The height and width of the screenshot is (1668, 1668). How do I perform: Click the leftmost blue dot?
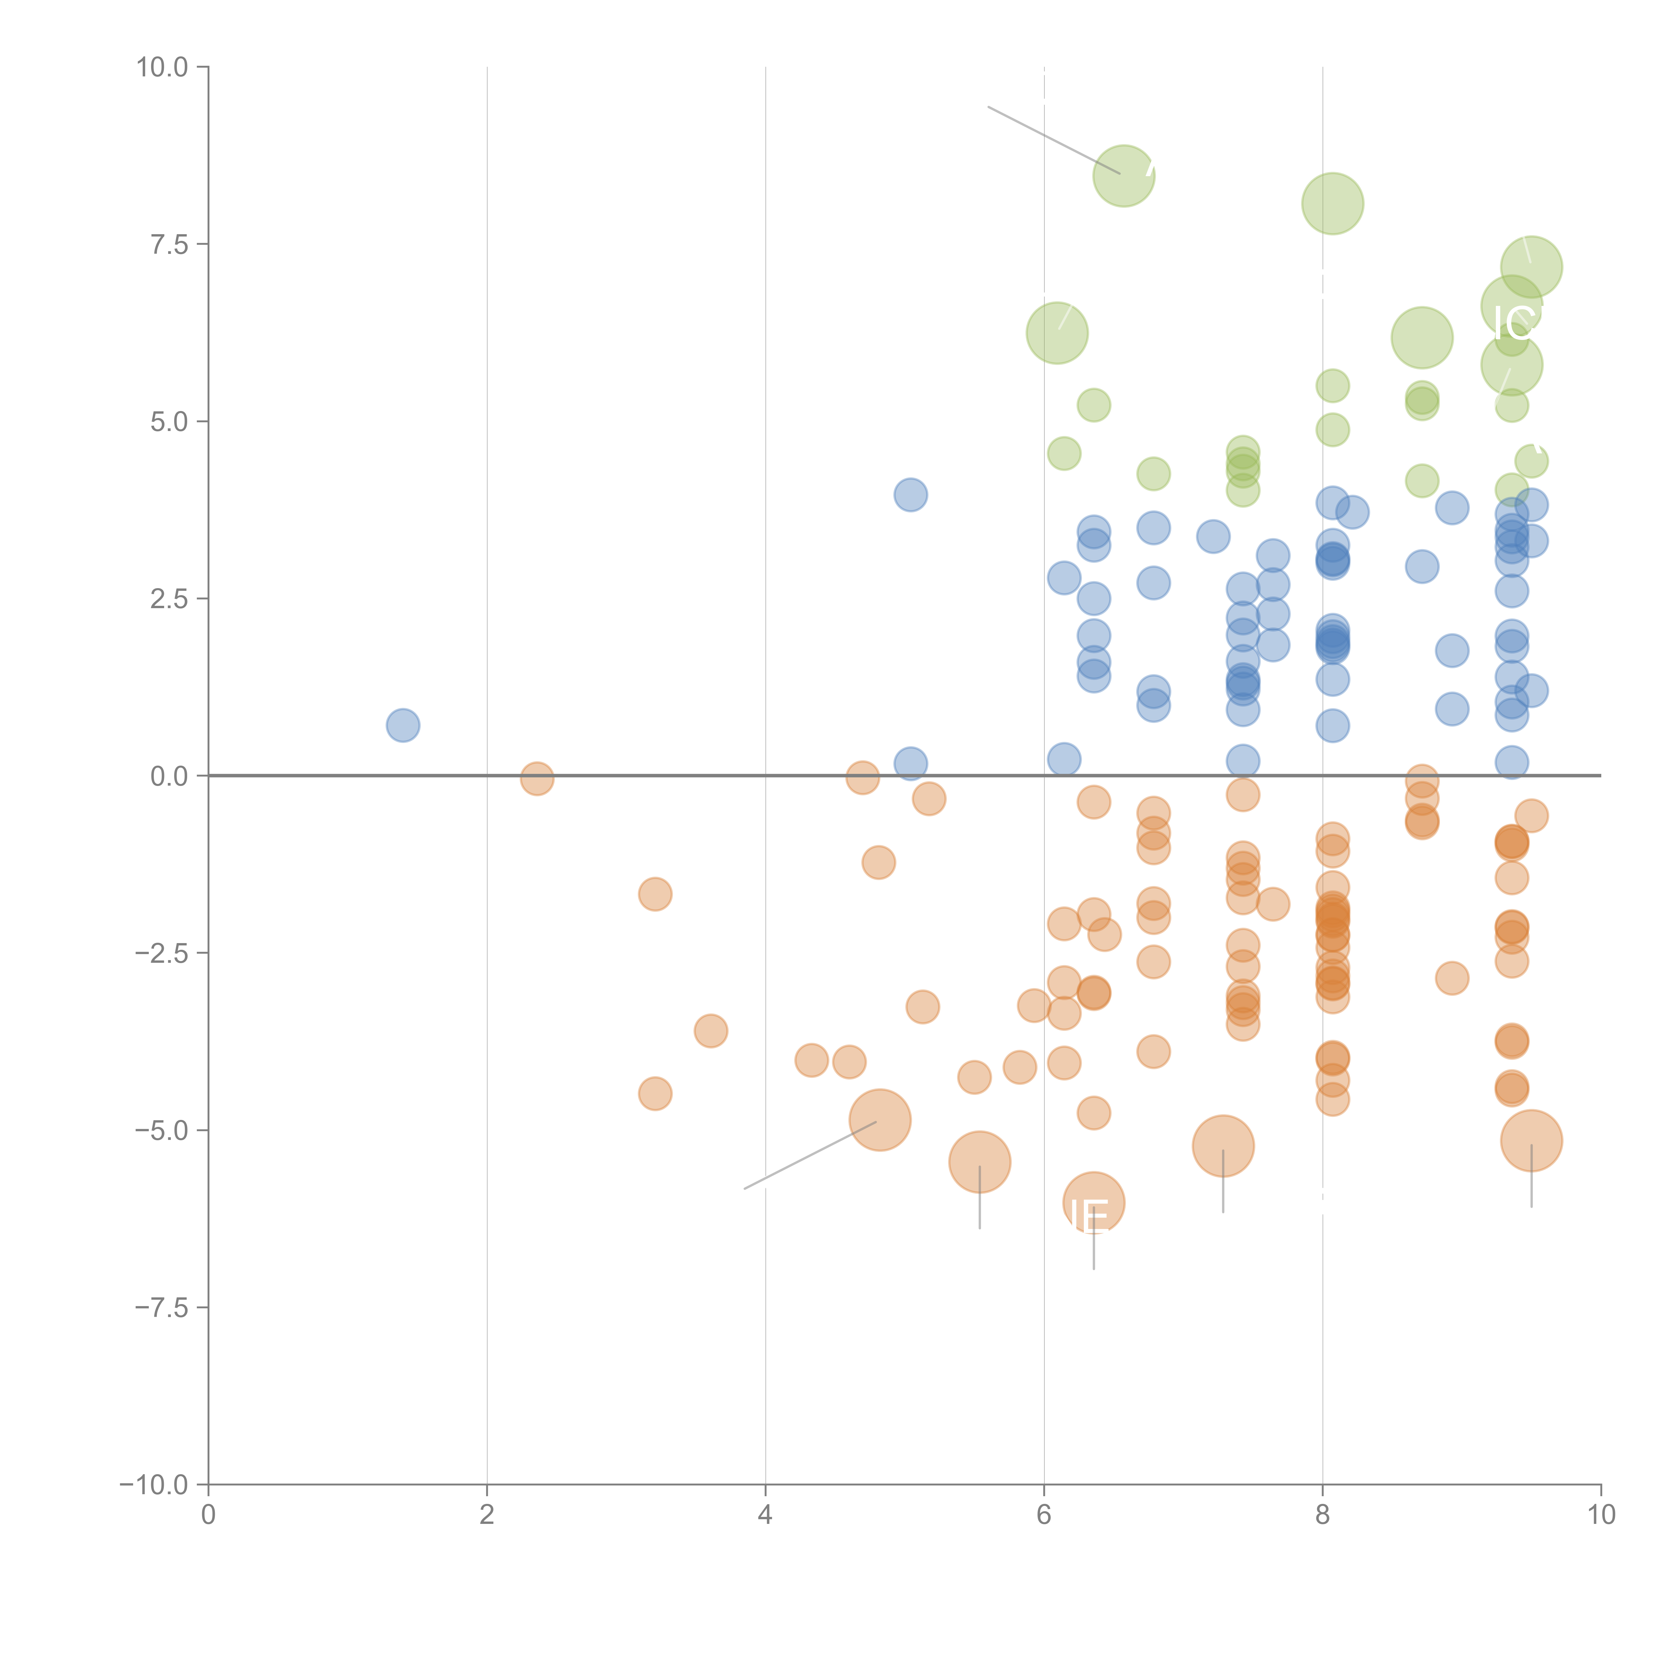click(x=402, y=725)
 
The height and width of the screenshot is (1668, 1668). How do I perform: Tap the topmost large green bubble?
click(x=1123, y=176)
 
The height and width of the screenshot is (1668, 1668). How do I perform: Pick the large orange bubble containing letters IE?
click(x=1093, y=1203)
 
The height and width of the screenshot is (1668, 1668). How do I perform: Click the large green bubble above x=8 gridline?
click(x=1332, y=204)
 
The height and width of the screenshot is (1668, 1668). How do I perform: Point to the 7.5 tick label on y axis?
click(x=169, y=244)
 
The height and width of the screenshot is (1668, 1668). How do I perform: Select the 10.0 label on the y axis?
click(x=162, y=67)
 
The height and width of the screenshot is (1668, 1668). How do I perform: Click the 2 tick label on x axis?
click(x=487, y=1515)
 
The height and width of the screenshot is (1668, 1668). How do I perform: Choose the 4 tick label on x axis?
click(x=765, y=1515)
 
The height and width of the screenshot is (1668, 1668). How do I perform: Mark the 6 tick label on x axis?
click(x=1044, y=1515)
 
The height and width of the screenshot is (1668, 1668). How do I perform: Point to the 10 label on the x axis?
click(x=1601, y=1515)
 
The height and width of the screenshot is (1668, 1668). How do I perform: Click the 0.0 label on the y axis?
click(x=169, y=776)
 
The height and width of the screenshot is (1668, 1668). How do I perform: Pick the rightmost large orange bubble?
click(x=1531, y=1141)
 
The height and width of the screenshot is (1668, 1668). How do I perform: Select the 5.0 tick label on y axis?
click(x=169, y=421)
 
